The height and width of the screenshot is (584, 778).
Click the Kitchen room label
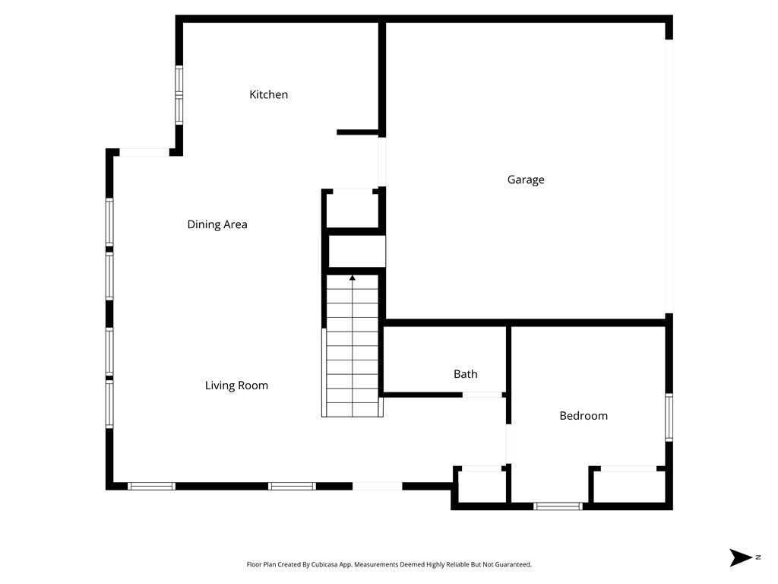(x=269, y=95)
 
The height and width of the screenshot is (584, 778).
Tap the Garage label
(x=526, y=180)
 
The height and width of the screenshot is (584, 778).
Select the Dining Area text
(x=217, y=224)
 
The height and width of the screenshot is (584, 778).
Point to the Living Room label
(x=236, y=386)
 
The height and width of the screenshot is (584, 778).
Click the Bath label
(x=465, y=374)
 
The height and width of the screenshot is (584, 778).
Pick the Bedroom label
(x=583, y=416)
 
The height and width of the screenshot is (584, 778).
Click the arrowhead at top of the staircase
(x=353, y=278)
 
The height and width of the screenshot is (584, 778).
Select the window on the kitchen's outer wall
(x=179, y=95)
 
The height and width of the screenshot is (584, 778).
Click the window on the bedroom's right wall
(x=669, y=417)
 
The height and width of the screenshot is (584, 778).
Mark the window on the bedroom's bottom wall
(x=558, y=506)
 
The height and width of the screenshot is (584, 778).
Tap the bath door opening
(x=482, y=395)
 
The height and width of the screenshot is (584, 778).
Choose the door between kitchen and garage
(x=382, y=161)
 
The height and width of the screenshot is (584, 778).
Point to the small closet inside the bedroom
(x=628, y=487)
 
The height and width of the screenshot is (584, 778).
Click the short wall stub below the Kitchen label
(x=357, y=132)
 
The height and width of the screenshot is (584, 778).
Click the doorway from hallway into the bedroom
(x=508, y=444)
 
